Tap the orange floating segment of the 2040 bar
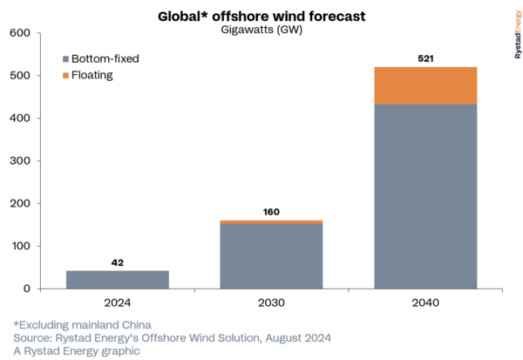(426, 85)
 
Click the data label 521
(426, 58)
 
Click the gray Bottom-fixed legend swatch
(66, 58)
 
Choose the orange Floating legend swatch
(66, 76)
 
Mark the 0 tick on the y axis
(26, 289)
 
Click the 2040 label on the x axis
(426, 303)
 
